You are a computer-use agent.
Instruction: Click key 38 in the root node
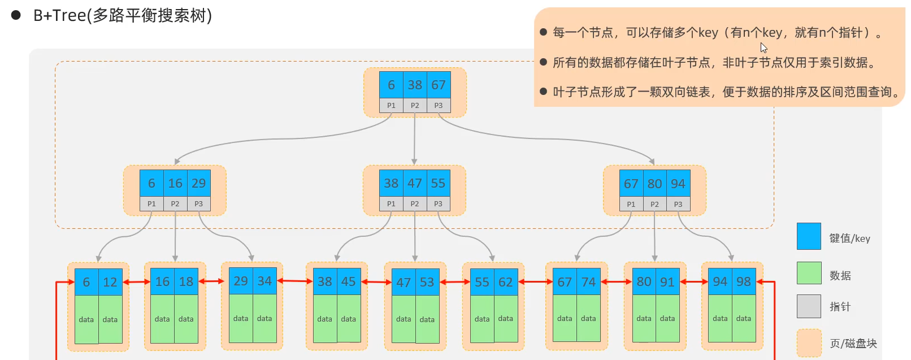[415, 85]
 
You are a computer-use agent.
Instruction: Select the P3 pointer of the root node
[439, 106]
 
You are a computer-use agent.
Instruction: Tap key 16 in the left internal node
[175, 183]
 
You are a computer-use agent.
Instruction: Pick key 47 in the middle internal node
[415, 183]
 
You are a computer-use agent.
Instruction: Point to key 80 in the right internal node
[654, 184]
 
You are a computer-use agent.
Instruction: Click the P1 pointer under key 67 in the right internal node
[631, 204]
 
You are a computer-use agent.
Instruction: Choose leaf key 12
[110, 282]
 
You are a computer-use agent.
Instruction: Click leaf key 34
[264, 281]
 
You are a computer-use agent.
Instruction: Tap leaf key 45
[349, 281]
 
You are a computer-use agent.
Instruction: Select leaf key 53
[427, 282]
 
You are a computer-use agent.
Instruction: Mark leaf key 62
[506, 282]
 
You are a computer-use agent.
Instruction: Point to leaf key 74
[588, 281]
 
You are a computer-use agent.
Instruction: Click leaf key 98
[744, 281]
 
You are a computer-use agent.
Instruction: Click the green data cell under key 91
[667, 318]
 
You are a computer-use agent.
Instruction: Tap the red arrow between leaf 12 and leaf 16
[137, 281]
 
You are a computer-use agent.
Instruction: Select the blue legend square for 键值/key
[809, 236]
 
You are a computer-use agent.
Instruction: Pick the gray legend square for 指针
[809, 306]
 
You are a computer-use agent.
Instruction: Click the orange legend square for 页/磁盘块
[809, 342]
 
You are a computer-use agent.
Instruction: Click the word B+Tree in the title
[59, 15]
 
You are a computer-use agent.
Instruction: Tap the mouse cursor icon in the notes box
[764, 48]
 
